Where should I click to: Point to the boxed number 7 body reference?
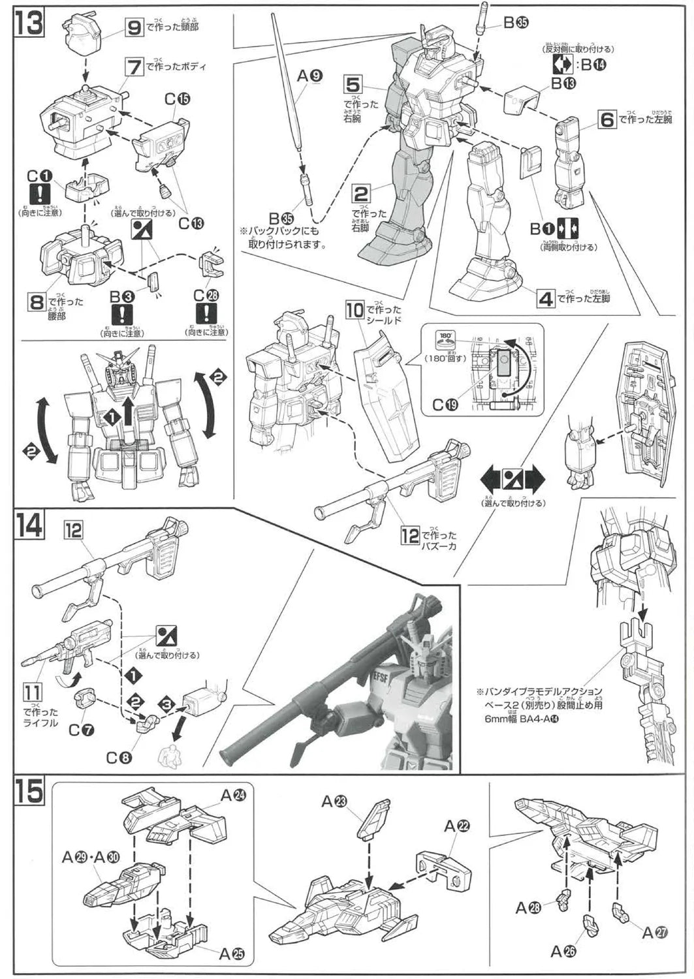click(134, 66)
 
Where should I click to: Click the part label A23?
click(334, 802)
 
